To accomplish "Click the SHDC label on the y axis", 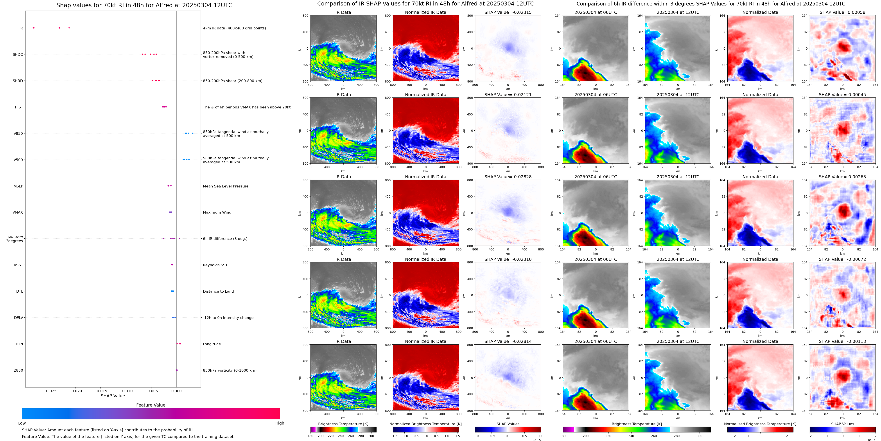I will pyautogui.click(x=18, y=54).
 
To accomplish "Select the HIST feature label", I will pyautogui.click(x=19, y=107).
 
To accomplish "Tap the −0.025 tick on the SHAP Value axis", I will pyautogui.click(x=50, y=391).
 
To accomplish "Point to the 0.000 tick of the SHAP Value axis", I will pyautogui.click(x=176, y=391).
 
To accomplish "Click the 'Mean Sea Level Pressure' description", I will pyautogui.click(x=225, y=186).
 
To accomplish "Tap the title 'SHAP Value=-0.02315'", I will pyautogui.click(x=508, y=12).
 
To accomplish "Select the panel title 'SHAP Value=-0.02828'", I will pyautogui.click(x=508, y=177).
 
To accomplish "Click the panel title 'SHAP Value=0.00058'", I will pyautogui.click(x=842, y=12).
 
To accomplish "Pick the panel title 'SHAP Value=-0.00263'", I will pyautogui.click(x=842, y=177).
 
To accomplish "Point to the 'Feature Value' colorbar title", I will pyautogui.click(x=151, y=405).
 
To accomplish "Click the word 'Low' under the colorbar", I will pyautogui.click(x=22, y=423).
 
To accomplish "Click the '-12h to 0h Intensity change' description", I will pyautogui.click(x=228, y=318).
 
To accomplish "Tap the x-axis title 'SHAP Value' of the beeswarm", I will pyautogui.click(x=113, y=396).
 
